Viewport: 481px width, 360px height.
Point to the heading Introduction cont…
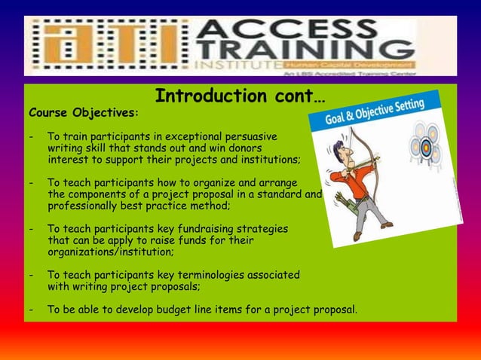click(x=240, y=96)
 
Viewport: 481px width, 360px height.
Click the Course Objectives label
click(x=83, y=114)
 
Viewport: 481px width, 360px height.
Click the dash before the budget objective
click(x=31, y=310)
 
